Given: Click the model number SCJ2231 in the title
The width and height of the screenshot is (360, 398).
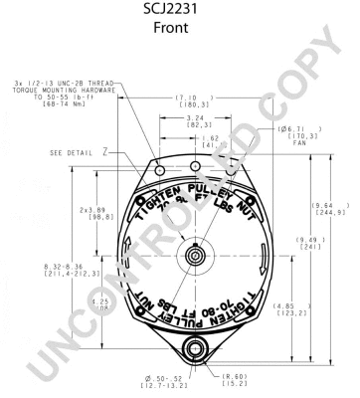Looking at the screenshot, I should [x=180, y=10].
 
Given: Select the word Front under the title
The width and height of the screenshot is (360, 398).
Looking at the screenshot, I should [x=180, y=29].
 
